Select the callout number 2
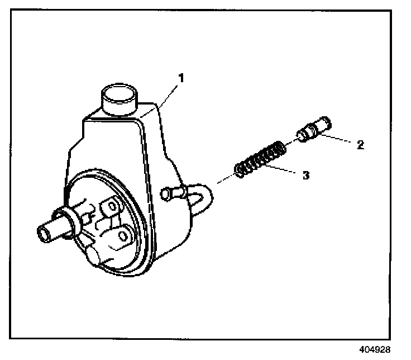[x=360, y=145]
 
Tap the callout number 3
[x=305, y=175]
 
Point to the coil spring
[x=259, y=161]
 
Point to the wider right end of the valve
[x=323, y=125]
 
